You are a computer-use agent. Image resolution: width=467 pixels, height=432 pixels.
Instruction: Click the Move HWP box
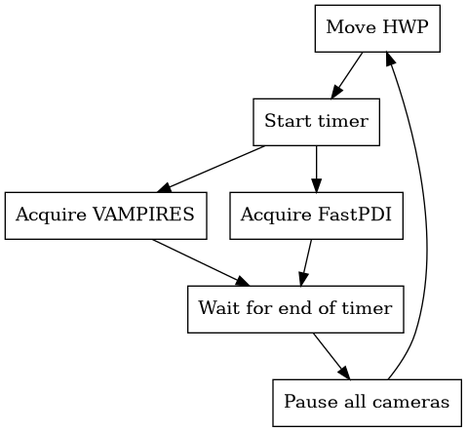tap(377, 28)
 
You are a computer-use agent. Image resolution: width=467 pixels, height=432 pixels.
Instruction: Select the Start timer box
tap(316, 122)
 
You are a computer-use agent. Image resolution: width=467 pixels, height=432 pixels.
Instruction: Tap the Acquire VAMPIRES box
tap(106, 216)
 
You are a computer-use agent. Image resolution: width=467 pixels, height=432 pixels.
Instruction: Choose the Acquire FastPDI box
tap(316, 216)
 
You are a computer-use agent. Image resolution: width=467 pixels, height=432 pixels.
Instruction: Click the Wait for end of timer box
tap(294, 309)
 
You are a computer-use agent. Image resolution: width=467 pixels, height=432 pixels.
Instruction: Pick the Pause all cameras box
tap(367, 402)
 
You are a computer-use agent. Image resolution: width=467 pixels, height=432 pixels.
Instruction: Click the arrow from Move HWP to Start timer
tap(347, 75)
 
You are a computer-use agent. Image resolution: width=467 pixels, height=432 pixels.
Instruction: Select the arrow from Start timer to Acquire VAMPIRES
tap(214, 168)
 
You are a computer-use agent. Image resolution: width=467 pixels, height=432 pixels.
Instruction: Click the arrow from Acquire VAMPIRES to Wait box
tap(195, 261)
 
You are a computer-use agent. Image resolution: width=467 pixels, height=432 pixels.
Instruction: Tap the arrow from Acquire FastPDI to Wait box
tap(306, 261)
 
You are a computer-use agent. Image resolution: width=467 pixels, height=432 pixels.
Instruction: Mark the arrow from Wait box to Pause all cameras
tap(331, 355)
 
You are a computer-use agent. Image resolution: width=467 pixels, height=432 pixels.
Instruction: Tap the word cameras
tap(418, 402)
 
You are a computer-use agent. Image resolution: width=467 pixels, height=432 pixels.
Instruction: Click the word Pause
tap(303, 402)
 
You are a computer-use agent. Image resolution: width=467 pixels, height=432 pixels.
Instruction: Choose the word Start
tap(285, 122)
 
